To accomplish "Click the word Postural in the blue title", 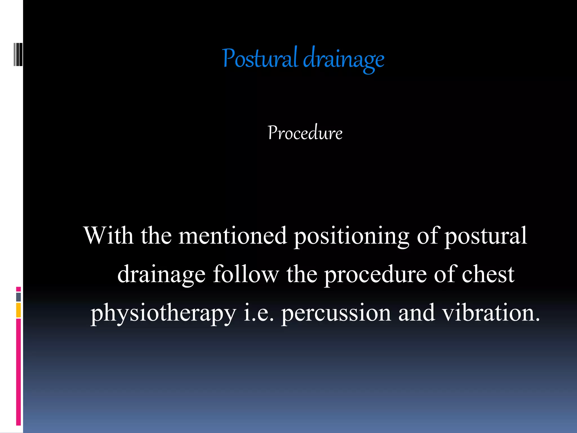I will (x=260, y=59).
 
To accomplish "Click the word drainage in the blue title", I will (x=344, y=59).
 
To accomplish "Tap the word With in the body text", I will (x=108, y=236).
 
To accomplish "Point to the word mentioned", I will (x=233, y=236).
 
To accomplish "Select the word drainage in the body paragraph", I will (x=161, y=275).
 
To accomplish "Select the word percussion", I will (x=336, y=313).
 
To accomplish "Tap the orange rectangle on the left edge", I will (x=18, y=310).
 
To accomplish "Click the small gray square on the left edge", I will (x=18, y=297).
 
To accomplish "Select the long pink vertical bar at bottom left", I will (x=18, y=372).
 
